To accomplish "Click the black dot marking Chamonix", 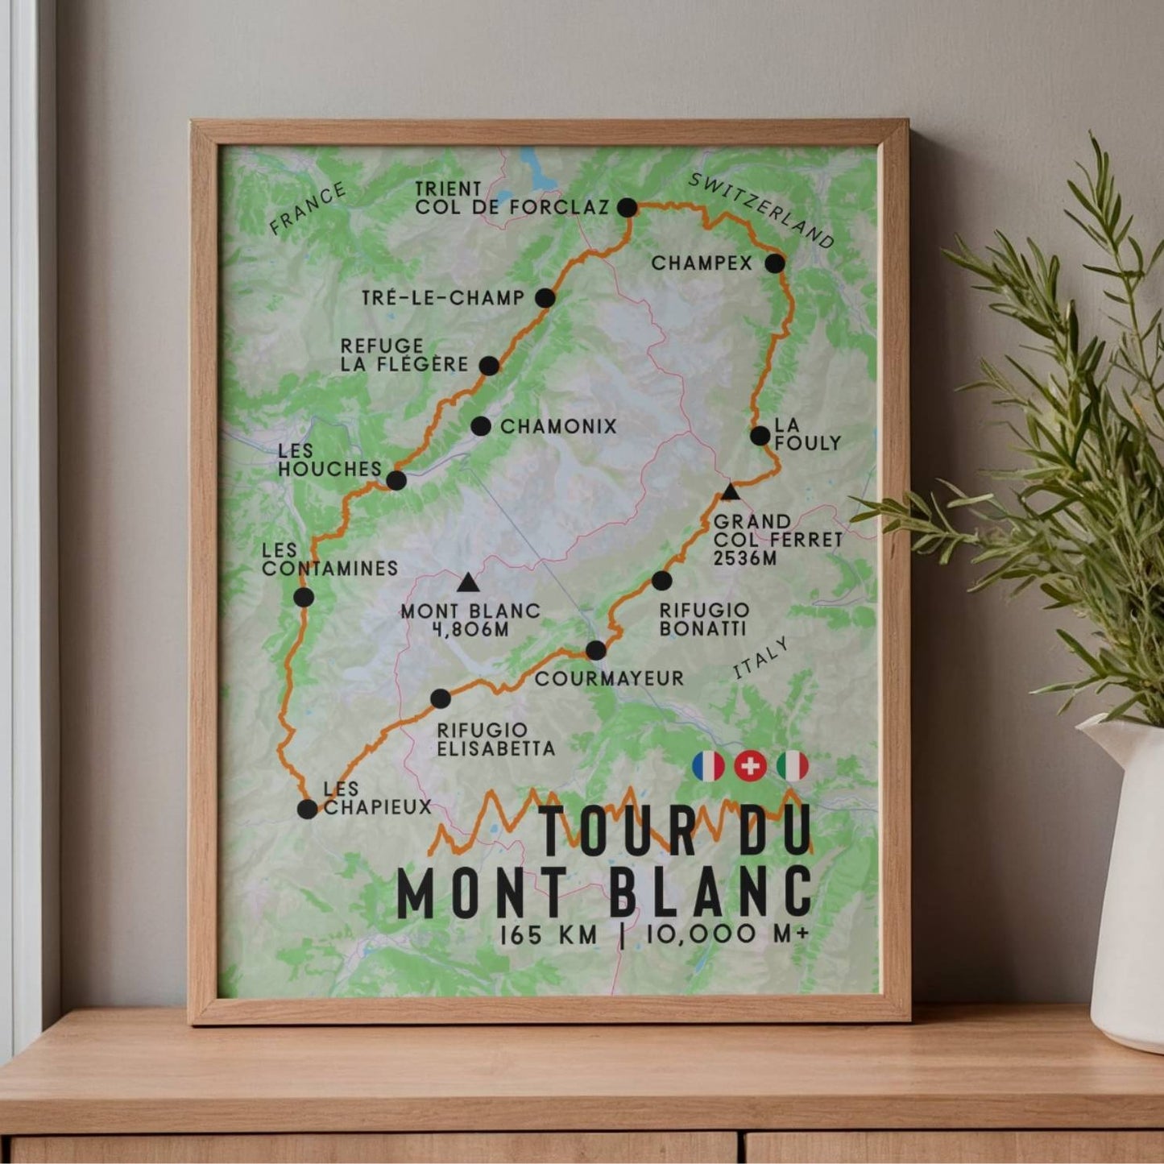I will tap(480, 426).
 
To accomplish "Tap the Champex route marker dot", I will tap(775, 263).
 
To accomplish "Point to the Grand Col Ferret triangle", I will tap(730, 491).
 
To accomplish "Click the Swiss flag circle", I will tap(750, 766).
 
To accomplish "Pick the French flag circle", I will tap(708, 766).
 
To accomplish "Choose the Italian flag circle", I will tap(793, 766).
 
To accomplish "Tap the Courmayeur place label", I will tap(609, 678).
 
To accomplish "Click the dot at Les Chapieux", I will tap(307, 809).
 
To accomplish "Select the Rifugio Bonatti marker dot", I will tap(661, 580).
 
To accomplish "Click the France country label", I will tap(308, 209).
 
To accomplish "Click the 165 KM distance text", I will tap(549, 934).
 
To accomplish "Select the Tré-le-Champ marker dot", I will tap(545, 298).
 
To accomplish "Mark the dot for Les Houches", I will tap(396, 481).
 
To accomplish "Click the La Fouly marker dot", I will tap(760, 436).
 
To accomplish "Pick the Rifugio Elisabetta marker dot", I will tap(441, 698).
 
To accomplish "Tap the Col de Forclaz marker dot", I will tap(627, 208).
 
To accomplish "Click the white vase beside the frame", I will tap(1128, 886).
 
